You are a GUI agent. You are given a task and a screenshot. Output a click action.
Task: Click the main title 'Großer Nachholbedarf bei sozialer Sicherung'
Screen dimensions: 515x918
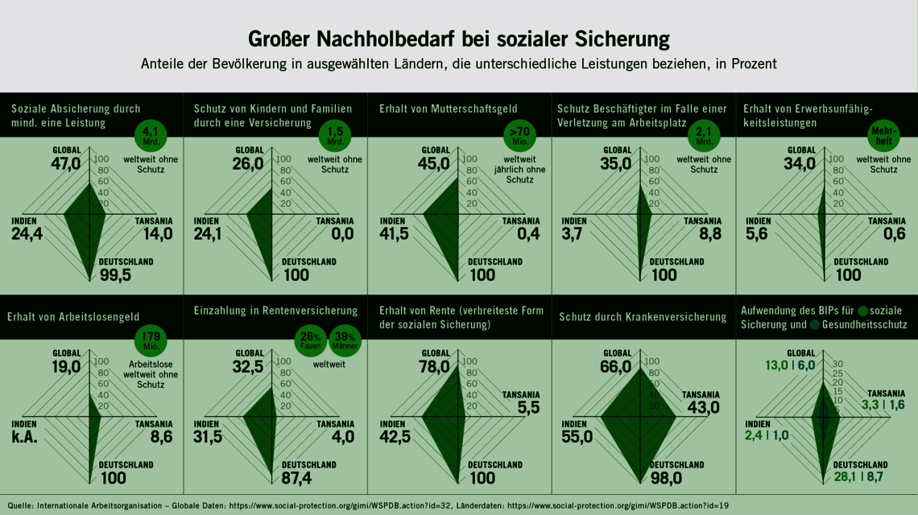pyautogui.click(x=458, y=39)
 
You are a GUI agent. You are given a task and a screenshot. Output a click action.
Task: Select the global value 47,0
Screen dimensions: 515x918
pyautogui.click(x=66, y=163)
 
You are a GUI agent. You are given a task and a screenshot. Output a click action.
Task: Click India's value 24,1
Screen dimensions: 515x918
pyautogui.click(x=209, y=234)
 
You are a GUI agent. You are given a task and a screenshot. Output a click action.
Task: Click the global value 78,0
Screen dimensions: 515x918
pyautogui.click(x=433, y=367)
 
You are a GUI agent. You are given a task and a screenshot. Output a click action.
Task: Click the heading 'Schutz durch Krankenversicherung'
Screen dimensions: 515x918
pyautogui.click(x=643, y=317)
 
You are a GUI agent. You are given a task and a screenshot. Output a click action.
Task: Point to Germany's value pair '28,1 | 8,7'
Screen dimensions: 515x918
pyautogui.click(x=858, y=478)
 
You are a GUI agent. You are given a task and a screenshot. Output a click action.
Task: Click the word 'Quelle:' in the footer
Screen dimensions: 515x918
pyautogui.click(x=20, y=505)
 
